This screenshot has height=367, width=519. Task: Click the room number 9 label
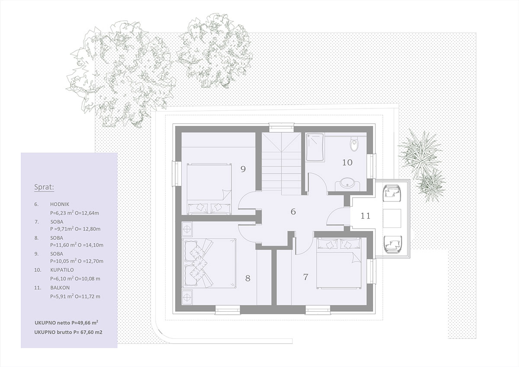[x=243, y=169]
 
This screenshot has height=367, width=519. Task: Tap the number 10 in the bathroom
[x=347, y=163]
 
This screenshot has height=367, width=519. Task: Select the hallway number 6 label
[x=293, y=212]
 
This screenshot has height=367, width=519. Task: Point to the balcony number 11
[x=365, y=216]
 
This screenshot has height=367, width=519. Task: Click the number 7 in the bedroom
[x=306, y=277]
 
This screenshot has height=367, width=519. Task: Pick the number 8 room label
[x=248, y=278]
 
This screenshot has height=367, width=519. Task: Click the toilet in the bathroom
[x=354, y=144]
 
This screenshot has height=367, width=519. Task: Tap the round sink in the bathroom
[x=347, y=182]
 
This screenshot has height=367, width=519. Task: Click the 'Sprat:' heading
[x=44, y=187]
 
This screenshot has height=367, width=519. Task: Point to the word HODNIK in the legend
[x=60, y=204]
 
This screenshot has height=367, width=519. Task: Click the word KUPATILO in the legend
[x=62, y=270]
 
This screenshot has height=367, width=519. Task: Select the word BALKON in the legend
[x=60, y=288]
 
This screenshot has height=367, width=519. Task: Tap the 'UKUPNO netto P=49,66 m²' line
[x=66, y=323]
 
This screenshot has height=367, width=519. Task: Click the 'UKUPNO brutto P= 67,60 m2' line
[x=68, y=332]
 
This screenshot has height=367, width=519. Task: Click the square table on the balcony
[x=392, y=218]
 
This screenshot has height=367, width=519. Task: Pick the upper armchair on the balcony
[x=392, y=193]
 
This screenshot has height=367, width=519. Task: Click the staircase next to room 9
[x=282, y=161]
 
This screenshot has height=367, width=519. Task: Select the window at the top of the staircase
[x=282, y=128]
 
